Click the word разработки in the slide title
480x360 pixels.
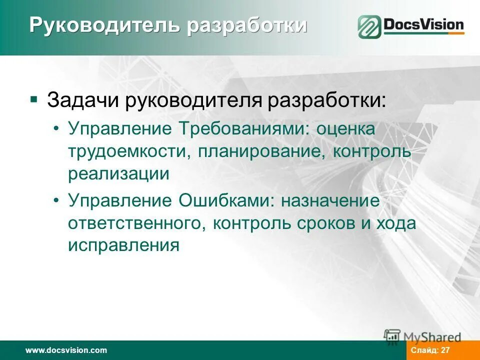pos(247,25)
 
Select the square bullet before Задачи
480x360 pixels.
pos(33,99)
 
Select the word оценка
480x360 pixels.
pos(345,129)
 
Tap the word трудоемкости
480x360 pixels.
pos(127,151)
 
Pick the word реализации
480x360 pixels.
pos(119,173)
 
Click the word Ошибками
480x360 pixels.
pos(225,201)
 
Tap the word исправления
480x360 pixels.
pos(123,245)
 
